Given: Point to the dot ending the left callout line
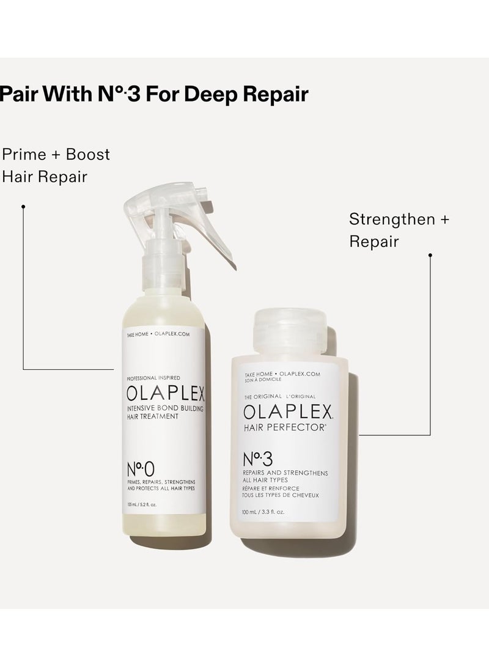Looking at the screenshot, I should pos(23,207).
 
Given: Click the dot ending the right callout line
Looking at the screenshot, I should pos(430,255).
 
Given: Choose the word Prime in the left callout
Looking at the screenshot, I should pos(23,154).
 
